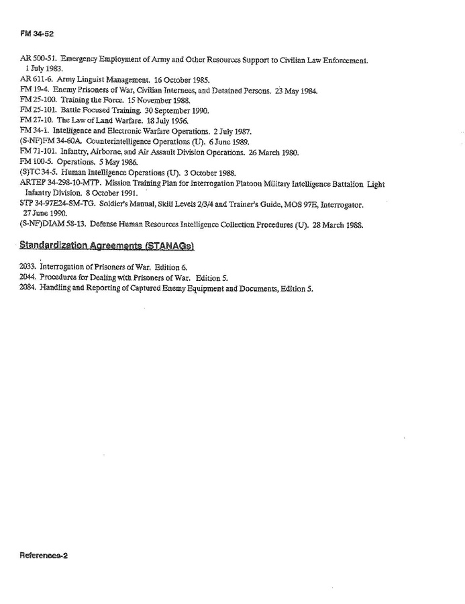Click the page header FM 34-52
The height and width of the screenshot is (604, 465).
31,34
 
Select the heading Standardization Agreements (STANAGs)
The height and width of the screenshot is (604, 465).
107,247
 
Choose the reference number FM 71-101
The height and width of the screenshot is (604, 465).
39,152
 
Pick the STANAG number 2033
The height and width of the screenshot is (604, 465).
28,267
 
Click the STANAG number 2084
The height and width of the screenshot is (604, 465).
28,288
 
